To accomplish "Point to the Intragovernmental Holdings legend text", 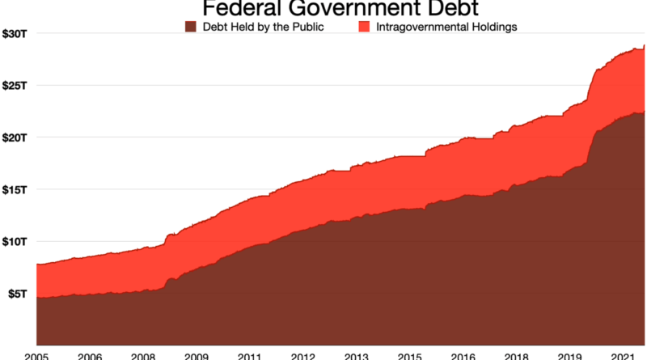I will [446, 27].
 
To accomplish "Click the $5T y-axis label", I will [17, 294].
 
